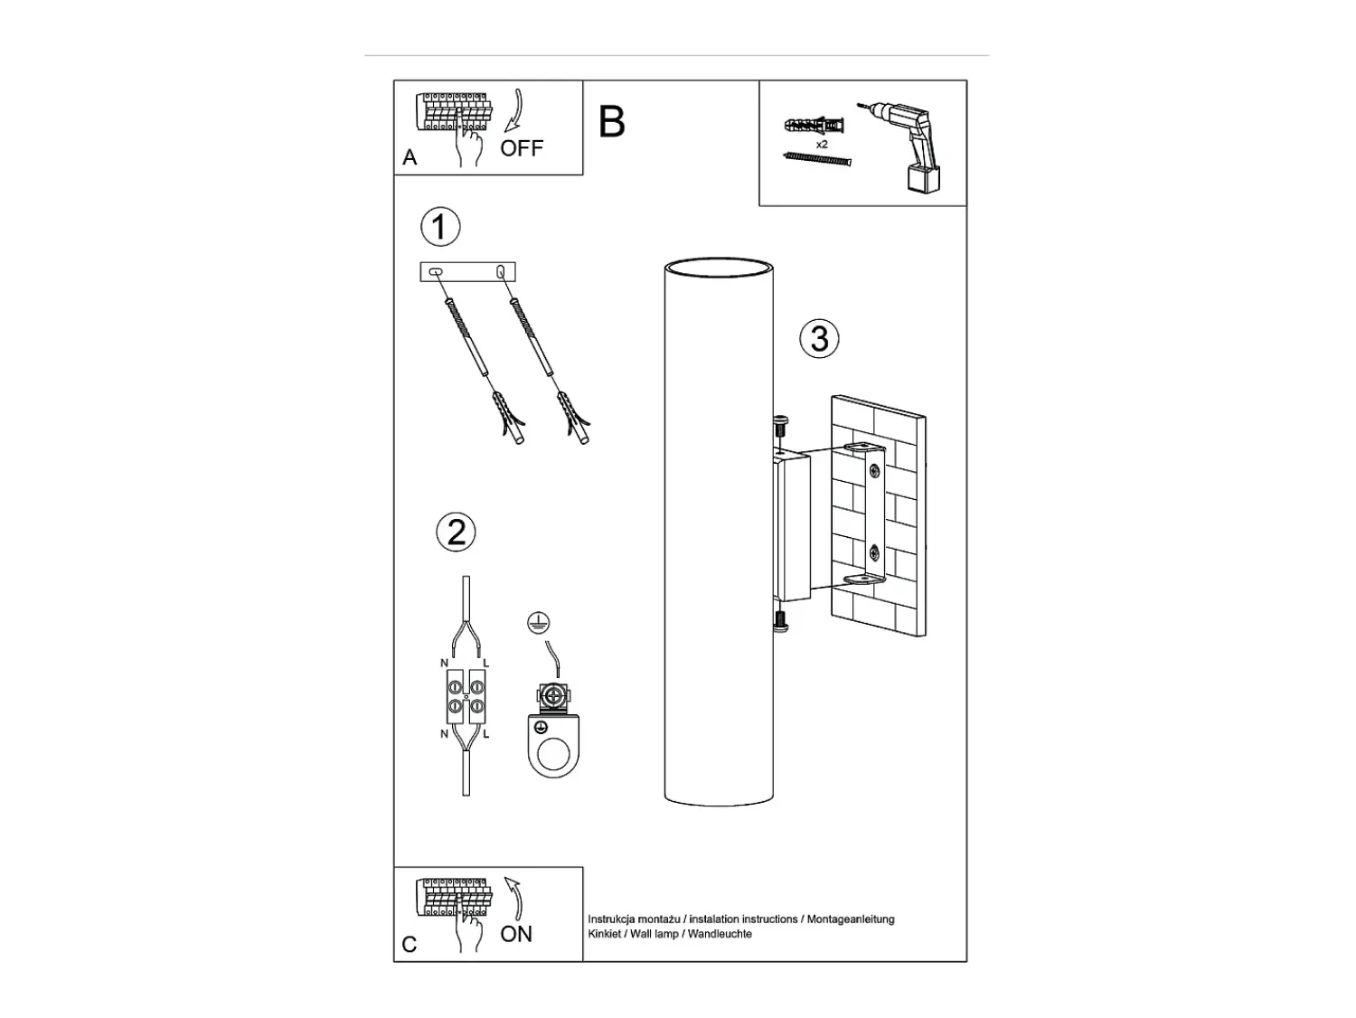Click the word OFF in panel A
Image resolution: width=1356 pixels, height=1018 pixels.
point(522,148)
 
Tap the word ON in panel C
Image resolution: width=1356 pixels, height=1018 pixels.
point(516,934)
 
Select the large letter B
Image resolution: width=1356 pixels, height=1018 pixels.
point(612,122)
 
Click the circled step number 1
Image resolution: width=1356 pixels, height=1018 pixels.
point(440,227)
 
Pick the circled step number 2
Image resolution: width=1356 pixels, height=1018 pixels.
point(456,532)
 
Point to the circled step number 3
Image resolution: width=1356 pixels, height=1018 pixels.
point(819,338)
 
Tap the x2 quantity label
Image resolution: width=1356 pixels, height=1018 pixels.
point(822,145)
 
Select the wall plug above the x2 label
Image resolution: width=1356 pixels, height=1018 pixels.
point(815,126)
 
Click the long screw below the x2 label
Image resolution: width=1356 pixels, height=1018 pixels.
point(817,159)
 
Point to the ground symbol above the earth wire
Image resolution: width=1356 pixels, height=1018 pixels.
point(539,623)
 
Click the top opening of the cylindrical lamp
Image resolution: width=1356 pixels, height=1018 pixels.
point(719,268)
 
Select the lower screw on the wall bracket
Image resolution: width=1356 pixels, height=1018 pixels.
point(874,551)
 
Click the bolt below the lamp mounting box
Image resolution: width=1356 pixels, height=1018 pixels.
point(781,621)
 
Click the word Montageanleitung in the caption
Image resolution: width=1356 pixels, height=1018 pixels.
point(851,919)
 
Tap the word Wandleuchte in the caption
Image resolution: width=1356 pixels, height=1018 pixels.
point(720,934)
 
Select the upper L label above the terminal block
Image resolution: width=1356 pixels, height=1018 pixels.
point(486,664)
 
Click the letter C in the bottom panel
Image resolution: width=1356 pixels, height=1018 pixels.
point(409,945)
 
